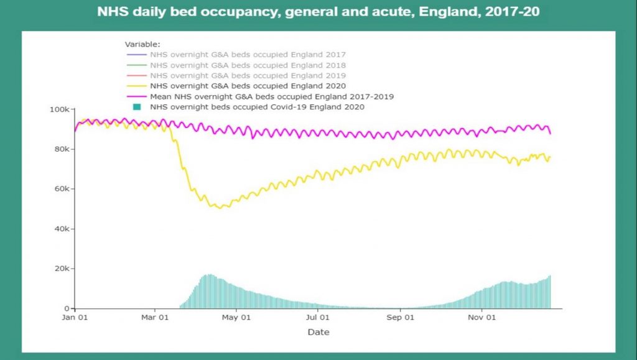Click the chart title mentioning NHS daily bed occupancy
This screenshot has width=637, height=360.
(x=318, y=12)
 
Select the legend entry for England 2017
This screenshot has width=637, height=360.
(x=248, y=55)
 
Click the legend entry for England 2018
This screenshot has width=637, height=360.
(x=248, y=65)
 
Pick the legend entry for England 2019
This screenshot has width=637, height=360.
(x=248, y=75)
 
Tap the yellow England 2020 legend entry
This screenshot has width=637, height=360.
(x=248, y=86)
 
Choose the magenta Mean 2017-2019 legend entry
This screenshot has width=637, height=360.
(x=272, y=96)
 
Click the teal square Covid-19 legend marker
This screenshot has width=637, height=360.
(x=137, y=107)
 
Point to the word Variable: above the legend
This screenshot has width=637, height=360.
(x=142, y=44)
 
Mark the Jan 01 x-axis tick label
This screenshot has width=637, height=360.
(x=75, y=317)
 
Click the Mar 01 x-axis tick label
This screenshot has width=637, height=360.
(x=156, y=317)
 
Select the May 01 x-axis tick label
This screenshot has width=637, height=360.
(x=236, y=317)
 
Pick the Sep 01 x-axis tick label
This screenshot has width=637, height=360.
(x=401, y=317)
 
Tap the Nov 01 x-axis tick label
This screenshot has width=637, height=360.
(x=482, y=317)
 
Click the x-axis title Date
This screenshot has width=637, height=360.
(x=318, y=332)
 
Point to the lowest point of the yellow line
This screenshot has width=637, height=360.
(x=219, y=208)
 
